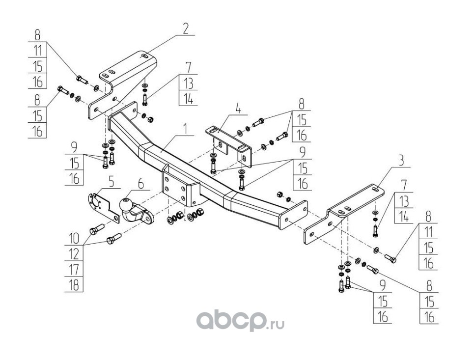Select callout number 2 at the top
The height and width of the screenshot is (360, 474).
185,28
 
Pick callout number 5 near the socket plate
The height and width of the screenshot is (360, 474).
111,182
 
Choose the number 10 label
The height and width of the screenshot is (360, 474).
73,239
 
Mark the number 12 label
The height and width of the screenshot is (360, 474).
73,254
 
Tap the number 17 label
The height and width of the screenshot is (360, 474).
73,269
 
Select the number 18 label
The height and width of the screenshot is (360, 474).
73,284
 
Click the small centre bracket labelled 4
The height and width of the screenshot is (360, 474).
229,142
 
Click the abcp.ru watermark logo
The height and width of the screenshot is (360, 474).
240,321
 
